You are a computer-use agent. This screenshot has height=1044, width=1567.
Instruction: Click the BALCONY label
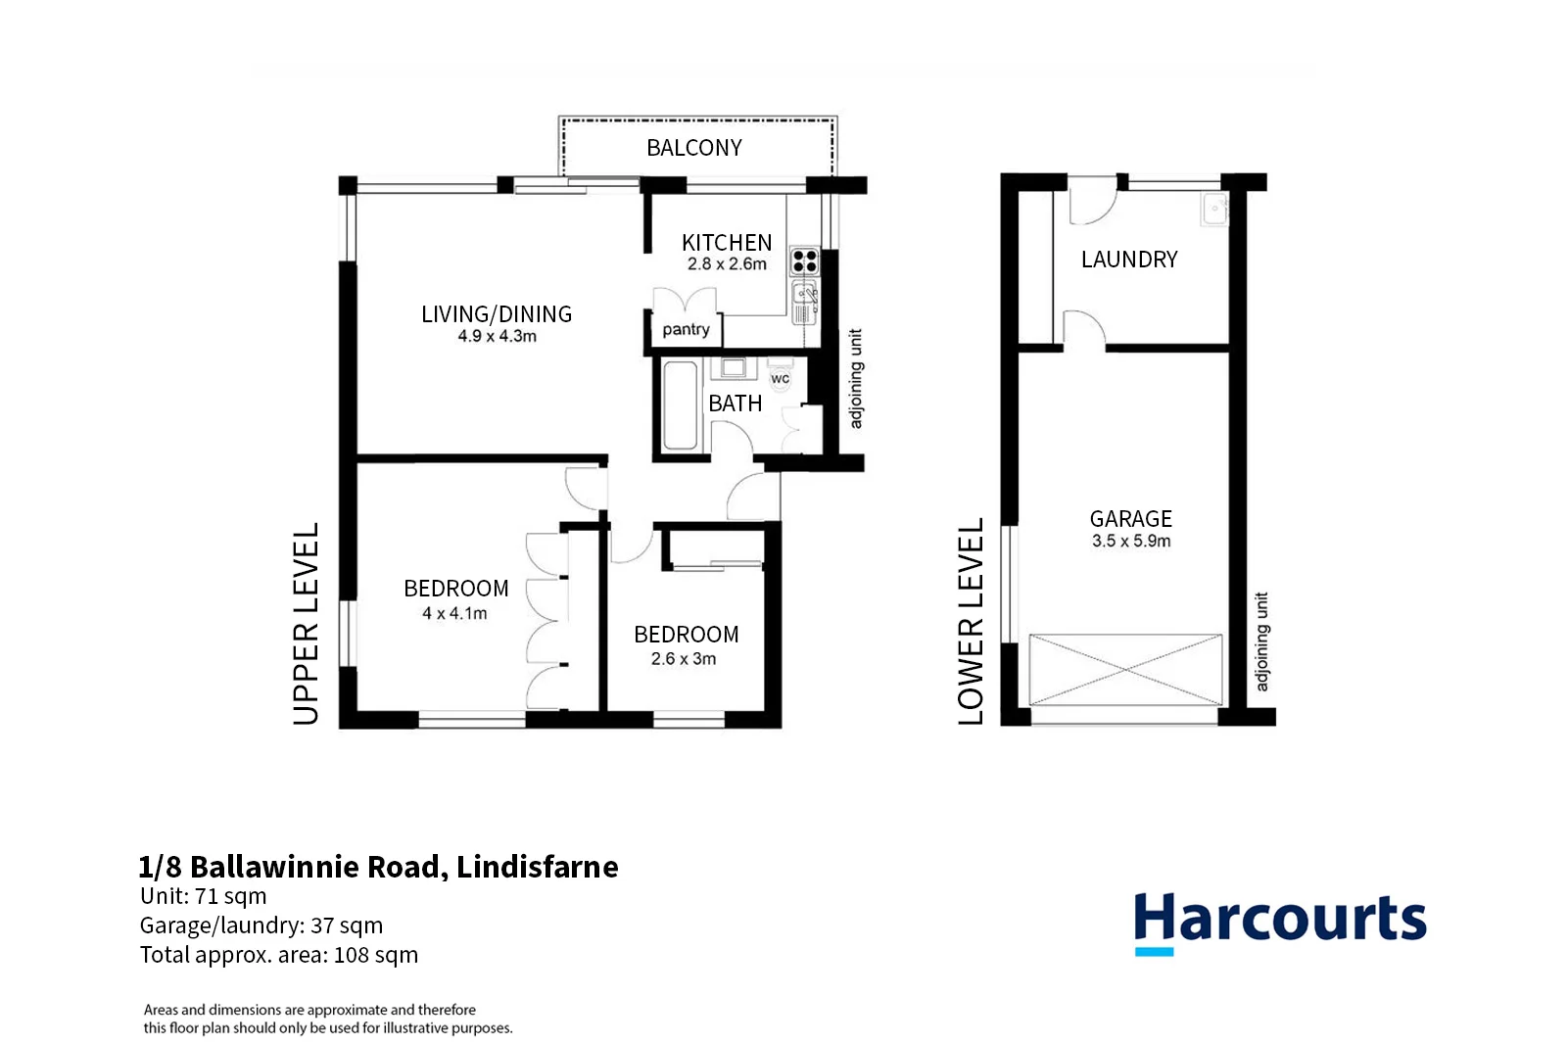(693, 148)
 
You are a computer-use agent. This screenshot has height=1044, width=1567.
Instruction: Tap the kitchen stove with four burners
(804, 261)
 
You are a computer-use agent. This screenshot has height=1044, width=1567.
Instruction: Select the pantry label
(686, 330)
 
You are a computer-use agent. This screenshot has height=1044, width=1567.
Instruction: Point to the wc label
(780, 379)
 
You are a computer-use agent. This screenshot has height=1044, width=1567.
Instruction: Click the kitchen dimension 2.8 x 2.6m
(727, 264)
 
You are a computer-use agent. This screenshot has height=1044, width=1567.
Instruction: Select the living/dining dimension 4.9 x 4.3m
(497, 336)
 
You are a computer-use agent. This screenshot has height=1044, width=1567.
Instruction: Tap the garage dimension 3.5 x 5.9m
(1131, 541)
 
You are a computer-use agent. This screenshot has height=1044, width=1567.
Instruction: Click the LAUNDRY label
(1129, 260)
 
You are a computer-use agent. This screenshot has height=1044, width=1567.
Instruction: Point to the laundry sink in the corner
(1214, 210)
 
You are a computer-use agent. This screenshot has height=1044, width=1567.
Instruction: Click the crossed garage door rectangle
(1126, 670)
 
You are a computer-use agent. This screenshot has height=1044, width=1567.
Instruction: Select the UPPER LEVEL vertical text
(307, 623)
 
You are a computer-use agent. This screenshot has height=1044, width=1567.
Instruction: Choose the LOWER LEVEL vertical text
(971, 621)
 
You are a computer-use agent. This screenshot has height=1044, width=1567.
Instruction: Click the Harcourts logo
(1279, 922)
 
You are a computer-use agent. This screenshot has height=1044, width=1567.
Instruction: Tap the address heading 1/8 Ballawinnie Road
(378, 867)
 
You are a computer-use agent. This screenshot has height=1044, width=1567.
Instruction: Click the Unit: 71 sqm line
(203, 896)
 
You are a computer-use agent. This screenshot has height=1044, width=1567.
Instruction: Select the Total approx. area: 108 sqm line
(278, 955)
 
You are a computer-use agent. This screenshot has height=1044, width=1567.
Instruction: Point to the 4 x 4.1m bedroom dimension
(454, 614)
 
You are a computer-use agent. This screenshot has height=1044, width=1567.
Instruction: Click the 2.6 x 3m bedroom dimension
(684, 659)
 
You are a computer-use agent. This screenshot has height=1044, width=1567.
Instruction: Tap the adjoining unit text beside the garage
(1261, 641)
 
